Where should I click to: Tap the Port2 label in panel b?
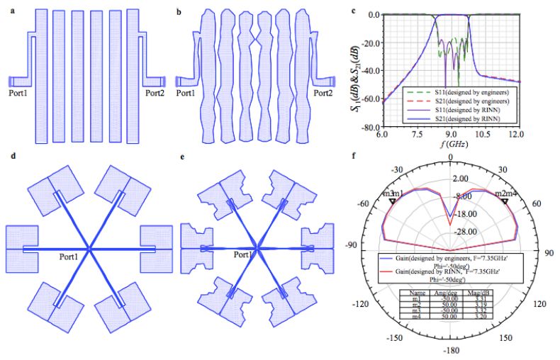tap(323, 93)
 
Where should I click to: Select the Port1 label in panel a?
tap(18, 93)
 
